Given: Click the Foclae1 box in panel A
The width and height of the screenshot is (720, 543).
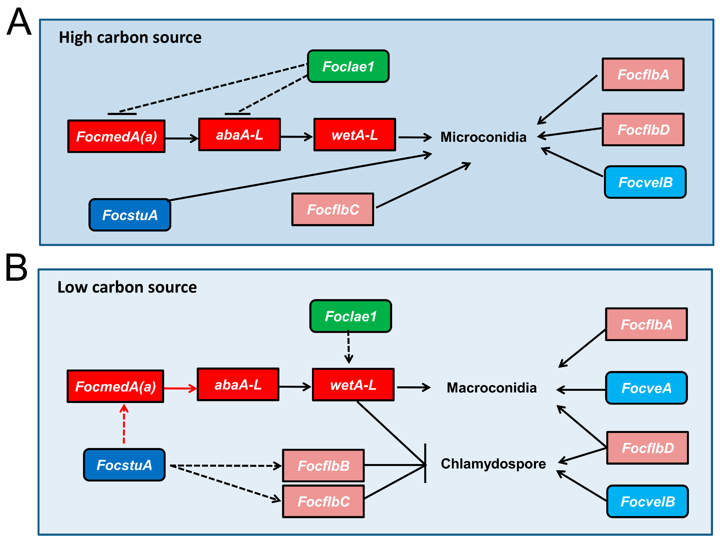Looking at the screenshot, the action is coord(348,66).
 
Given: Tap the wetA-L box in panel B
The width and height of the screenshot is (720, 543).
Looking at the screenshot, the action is coord(353,385).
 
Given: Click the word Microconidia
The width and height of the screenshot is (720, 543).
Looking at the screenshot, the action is coord(483,137).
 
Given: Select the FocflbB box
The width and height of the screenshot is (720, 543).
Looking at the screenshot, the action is coord(323,465).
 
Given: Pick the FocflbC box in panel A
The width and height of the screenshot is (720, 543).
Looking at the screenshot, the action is coord(333,209).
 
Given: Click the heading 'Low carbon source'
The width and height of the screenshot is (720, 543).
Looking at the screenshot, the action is coord(127,287).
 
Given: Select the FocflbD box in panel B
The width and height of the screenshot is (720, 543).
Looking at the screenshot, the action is coord(647,448).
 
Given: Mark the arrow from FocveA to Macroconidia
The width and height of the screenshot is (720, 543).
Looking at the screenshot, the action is coord(581,389).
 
